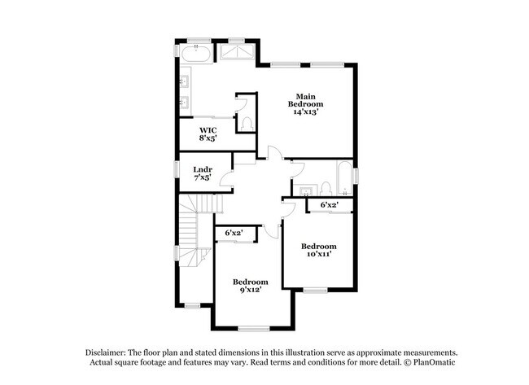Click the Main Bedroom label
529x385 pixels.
click(x=306, y=103)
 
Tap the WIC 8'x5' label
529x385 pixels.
click(x=207, y=133)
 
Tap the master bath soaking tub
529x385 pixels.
click(x=197, y=55)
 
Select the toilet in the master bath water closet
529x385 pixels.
click(x=247, y=124)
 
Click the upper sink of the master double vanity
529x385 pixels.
click(x=186, y=81)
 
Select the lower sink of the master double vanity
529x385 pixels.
click(x=186, y=103)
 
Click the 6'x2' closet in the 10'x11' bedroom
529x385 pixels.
click(x=330, y=205)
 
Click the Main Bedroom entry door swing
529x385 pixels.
click(x=274, y=153)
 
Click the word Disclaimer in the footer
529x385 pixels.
click(x=108, y=351)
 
